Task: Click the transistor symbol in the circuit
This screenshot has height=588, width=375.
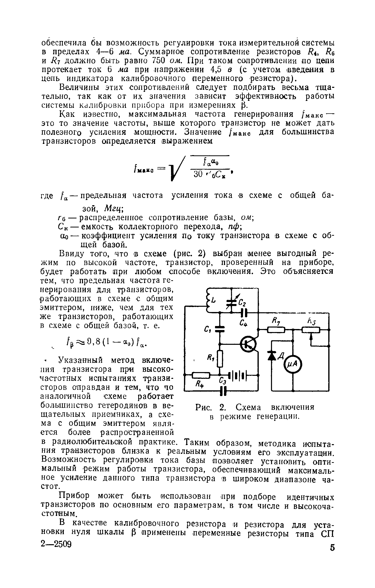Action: click(248, 345)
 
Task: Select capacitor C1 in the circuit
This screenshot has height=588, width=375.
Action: click(220, 329)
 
